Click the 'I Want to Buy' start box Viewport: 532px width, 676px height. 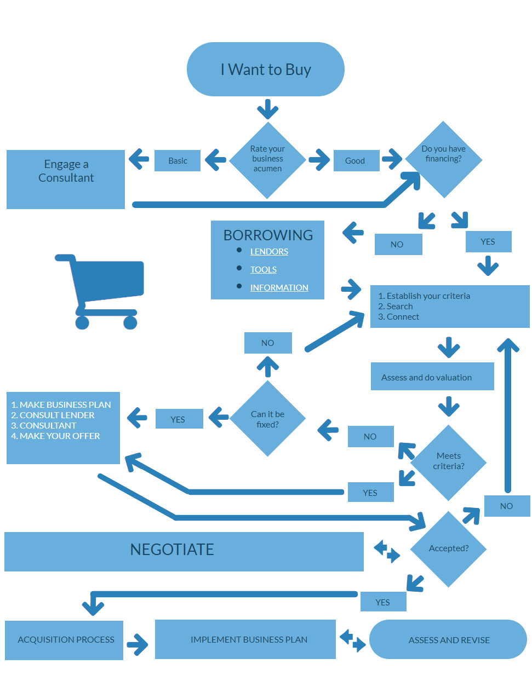pos(266,70)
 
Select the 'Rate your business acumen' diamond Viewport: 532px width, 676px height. pos(267,159)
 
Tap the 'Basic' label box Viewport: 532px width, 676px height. pos(178,161)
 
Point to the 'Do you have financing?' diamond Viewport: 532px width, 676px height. pos(443,159)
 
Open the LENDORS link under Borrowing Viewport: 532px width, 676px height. pos(269,252)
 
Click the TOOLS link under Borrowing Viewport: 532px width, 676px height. pos(264,270)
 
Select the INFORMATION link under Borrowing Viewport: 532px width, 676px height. pos(279,288)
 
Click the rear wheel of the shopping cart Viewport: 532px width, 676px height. pos(82,322)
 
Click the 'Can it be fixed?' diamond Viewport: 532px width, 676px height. pos(267,419)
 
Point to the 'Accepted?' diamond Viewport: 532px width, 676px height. pos(449,548)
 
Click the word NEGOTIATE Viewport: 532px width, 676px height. pos(172,550)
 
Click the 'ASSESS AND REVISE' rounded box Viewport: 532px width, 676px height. pos(448,640)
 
